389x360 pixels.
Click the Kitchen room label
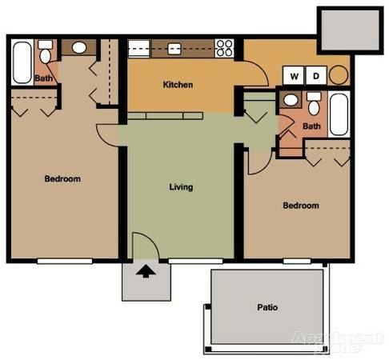click(178, 85)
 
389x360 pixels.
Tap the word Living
click(181, 187)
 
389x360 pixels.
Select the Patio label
click(267, 306)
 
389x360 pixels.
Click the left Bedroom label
click(62, 179)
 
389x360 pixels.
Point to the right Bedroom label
click(301, 206)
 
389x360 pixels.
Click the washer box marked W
click(295, 76)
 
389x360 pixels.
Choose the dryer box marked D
click(316, 76)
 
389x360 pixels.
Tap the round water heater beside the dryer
click(339, 76)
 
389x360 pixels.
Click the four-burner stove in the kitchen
click(224, 48)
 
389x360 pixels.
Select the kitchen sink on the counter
click(174, 48)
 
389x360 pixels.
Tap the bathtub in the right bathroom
click(339, 114)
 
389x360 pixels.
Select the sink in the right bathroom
click(290, 102)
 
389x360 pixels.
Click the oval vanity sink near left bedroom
click(80, 47)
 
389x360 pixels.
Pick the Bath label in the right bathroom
click(311, 126)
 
